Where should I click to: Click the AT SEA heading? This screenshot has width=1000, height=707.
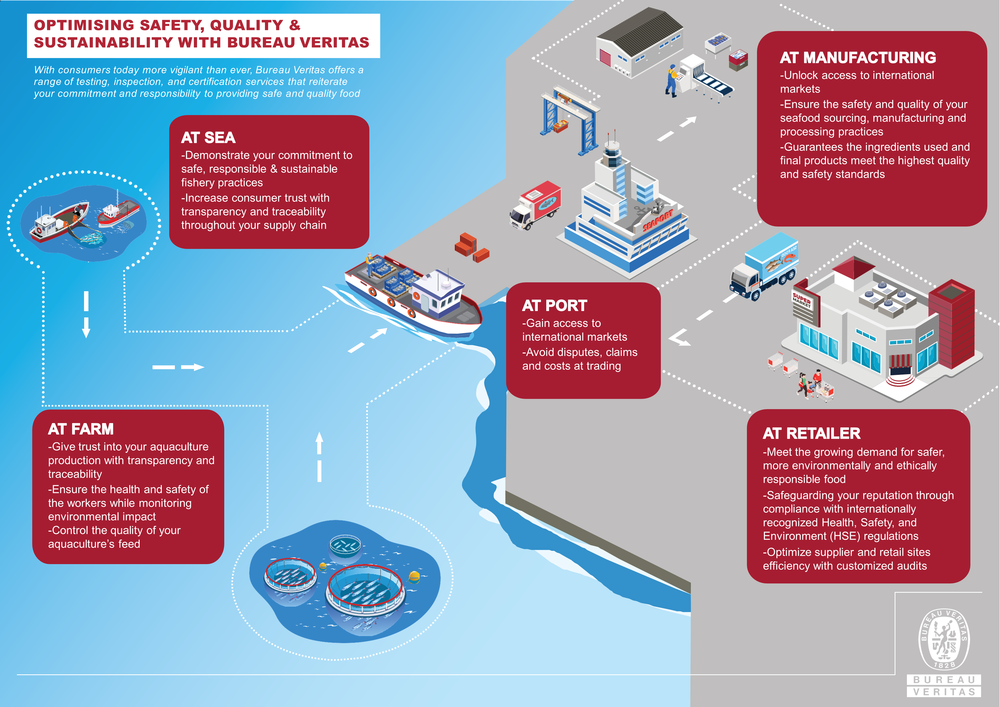(x=208, y=138)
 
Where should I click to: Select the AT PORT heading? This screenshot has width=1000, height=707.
(x=555, y=306)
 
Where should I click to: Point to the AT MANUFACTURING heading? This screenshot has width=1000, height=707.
(x=858, y=57)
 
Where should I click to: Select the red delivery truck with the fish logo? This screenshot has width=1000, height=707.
(x=536, y=205)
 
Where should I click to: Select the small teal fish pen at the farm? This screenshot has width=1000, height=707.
(x=345, y=545)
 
